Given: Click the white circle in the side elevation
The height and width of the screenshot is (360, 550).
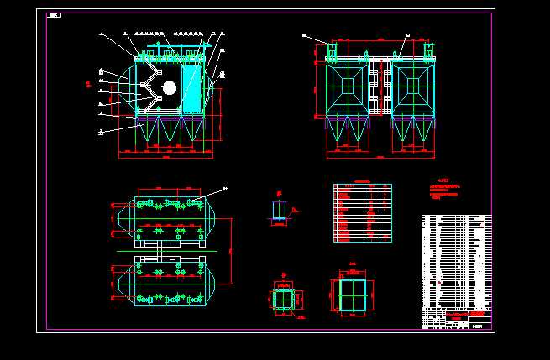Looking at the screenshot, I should [x=169, y=88].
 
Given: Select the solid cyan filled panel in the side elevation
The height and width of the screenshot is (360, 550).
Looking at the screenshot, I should [x=192, y=89].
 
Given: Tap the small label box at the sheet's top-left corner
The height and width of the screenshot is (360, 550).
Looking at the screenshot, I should [x=55, y=14].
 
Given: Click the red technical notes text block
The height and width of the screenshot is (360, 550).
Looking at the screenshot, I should [x=446, y=190].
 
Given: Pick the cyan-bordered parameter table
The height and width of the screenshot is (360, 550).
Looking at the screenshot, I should [x=362, y=213].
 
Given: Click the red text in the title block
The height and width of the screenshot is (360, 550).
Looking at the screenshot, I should [x=457, y=316].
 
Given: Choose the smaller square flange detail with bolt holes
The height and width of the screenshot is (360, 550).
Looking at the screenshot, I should [x=285, y=299].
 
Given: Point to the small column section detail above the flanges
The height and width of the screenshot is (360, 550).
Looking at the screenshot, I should [x=279, y=210].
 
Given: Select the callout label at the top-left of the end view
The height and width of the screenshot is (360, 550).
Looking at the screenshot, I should [x=305, y=35].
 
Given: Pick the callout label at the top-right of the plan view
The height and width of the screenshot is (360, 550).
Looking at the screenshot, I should [x=224, y=189].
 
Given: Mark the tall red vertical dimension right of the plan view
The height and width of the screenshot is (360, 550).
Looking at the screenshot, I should [x=230, y=250].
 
